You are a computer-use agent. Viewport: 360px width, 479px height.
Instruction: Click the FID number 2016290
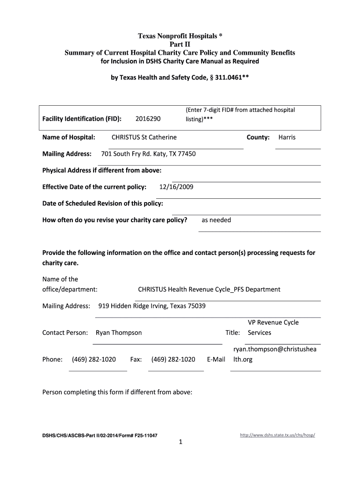[148, 119]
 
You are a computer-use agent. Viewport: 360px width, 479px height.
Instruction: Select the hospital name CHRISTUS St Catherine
[144, 138]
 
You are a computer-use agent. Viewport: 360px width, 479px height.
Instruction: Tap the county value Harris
[287, 138]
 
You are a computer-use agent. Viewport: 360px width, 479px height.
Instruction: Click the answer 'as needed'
[216, 220]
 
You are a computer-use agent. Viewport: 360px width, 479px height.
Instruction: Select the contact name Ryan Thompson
[119, 333]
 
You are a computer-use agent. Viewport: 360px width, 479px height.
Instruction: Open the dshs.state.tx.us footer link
[277, 435]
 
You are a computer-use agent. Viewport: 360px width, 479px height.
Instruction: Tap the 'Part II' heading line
[180, 44]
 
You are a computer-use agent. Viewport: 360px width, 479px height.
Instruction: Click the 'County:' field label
[258, 138]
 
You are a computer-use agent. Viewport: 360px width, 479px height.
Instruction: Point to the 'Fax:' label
[136, 359]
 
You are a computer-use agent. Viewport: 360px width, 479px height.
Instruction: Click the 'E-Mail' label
[216, 359]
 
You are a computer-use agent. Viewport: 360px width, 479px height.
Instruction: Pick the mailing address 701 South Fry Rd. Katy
[148, 154]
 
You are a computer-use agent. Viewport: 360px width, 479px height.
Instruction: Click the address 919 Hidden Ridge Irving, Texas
[152, 306]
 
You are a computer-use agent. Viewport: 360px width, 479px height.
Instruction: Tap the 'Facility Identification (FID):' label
[82, 119]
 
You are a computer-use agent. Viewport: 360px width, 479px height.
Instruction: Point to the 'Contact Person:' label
[65, 333]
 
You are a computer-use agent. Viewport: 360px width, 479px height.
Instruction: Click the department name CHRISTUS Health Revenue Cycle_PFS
[209, 289]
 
